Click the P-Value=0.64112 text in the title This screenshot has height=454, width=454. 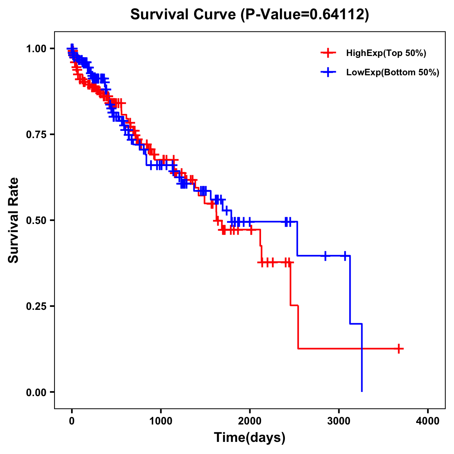(306, 14)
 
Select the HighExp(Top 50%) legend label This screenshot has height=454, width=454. (386, 53)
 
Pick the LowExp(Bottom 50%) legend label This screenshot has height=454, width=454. (393, 73)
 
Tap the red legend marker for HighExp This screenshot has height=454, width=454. (328, 53)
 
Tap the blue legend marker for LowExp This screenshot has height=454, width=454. (328, 72)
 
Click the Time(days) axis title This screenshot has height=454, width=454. (250, 438)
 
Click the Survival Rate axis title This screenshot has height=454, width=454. (14, 220)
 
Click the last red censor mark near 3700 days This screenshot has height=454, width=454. (399, 348)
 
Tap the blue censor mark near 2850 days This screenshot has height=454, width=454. (325, 256)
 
